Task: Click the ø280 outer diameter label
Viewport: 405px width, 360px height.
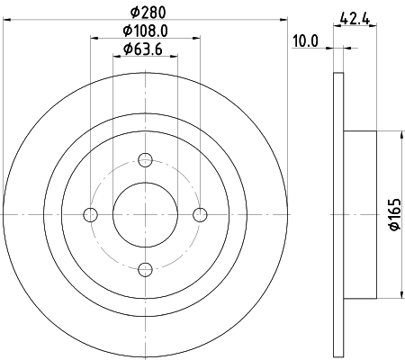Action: click(146, 12)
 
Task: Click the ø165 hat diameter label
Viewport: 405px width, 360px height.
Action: click(394, 214)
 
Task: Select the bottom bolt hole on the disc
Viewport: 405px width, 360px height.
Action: click(145, 267)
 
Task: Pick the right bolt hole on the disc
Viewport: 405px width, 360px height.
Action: click(200, 214)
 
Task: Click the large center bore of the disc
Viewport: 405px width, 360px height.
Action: click(145, 214)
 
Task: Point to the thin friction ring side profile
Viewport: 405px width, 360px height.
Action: click(337, 214)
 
